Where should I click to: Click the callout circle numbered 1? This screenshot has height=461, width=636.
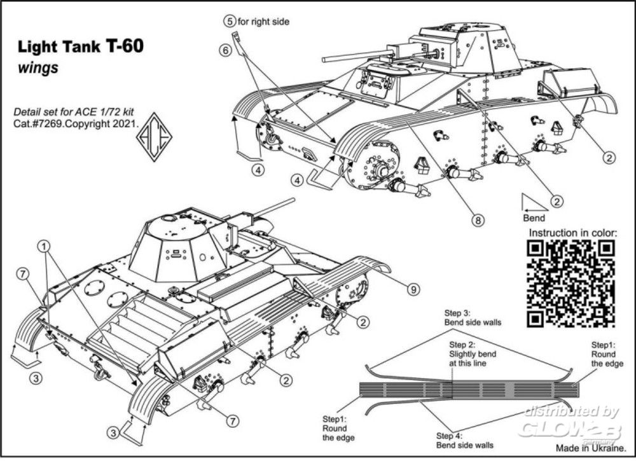[44, 245]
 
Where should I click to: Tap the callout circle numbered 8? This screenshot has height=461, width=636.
[478, 221]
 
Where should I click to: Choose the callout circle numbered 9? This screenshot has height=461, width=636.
[413, 290]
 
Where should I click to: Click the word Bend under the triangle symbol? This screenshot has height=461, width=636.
[535, 218]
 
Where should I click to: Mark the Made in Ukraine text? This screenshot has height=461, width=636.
[588, 449]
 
